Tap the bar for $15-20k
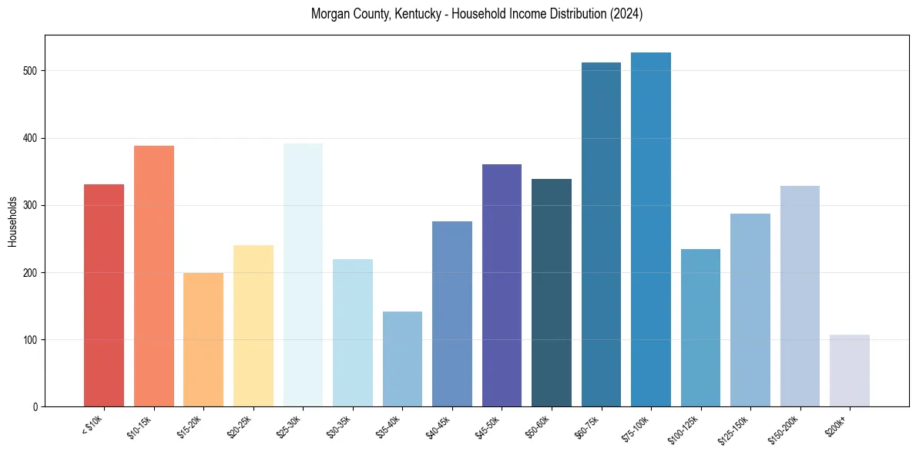(203, 339)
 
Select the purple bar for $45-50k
(502, 285)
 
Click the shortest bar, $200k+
(850, 370)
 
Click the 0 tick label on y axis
(35, 407)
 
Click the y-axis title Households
(12, 221)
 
